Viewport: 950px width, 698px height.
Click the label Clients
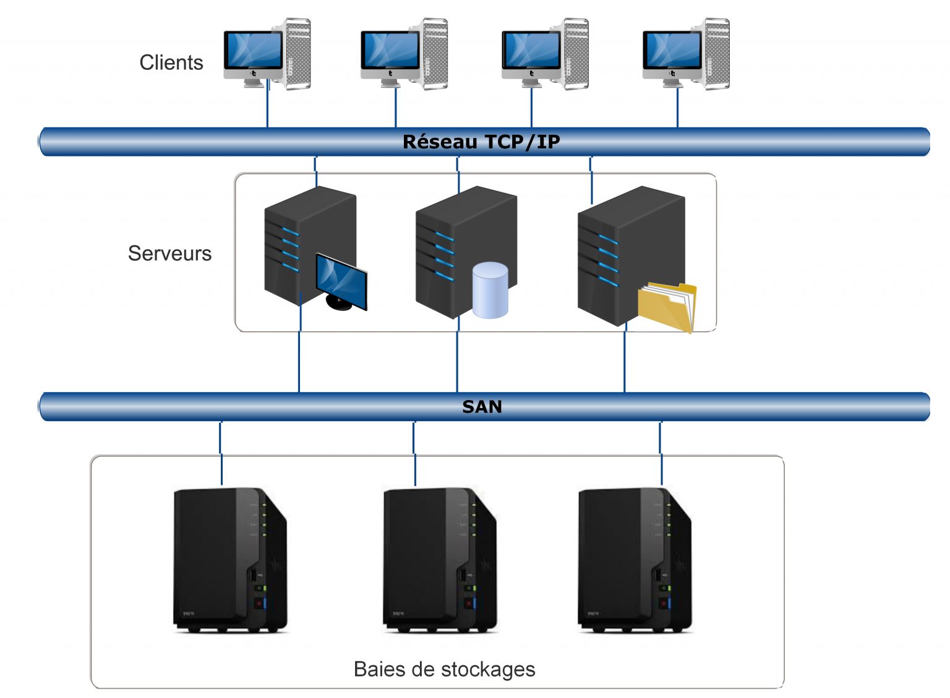click(x=171, y=62)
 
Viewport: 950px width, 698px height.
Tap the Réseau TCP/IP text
click(x=481, y=142)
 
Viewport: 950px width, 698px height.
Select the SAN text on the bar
click(x=482, y=406)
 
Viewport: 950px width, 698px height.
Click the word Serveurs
click(x=169, y=253)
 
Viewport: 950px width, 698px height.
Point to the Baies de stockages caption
click(x=444, y=669)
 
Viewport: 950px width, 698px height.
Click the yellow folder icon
click(x=667, y=306)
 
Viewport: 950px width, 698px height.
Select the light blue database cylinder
click(x=490, y=290)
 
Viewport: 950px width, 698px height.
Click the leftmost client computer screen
click(x=254, y=51)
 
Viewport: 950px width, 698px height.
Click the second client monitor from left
click(x=391, y=51)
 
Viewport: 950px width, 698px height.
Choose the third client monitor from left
click(x=531, y=51)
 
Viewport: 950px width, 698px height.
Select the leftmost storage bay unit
click(x=229, y=560)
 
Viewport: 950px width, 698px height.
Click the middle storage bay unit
click(x=439, y=560)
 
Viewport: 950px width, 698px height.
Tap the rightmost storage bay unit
click(x=634, y=560)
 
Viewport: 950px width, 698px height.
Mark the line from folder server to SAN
click(x=625, y=362)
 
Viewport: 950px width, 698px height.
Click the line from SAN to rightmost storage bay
click(x=661, y=451)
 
